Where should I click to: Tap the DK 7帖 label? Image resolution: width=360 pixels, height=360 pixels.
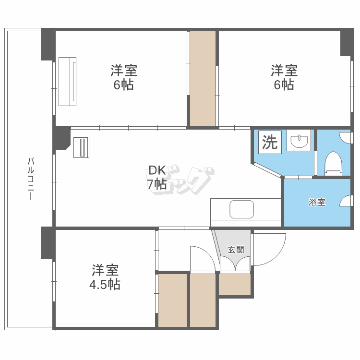(157, 177)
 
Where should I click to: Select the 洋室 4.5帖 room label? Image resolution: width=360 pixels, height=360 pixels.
(105, 277)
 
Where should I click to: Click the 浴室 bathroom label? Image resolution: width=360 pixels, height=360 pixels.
(317, 202)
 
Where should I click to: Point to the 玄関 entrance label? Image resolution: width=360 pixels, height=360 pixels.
(236, 250)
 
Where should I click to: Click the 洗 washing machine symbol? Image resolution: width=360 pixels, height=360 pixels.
(270, 142)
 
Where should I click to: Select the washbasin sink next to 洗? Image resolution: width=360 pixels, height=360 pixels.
(299, 142)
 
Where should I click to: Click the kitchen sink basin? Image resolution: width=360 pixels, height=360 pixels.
(241, 209)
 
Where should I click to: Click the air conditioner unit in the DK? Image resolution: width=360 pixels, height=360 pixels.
(81, 147)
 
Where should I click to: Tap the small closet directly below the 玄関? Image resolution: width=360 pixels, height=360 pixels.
(235, 284)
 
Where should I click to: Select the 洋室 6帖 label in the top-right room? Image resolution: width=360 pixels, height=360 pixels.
(284, 78)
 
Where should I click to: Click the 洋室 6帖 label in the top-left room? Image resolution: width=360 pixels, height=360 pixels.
(124, 78)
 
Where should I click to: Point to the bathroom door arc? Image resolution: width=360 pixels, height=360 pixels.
(345, 202)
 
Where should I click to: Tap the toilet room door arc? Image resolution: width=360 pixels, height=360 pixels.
(345, 138)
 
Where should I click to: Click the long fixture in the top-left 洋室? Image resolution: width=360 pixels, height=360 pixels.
(68, 81)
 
